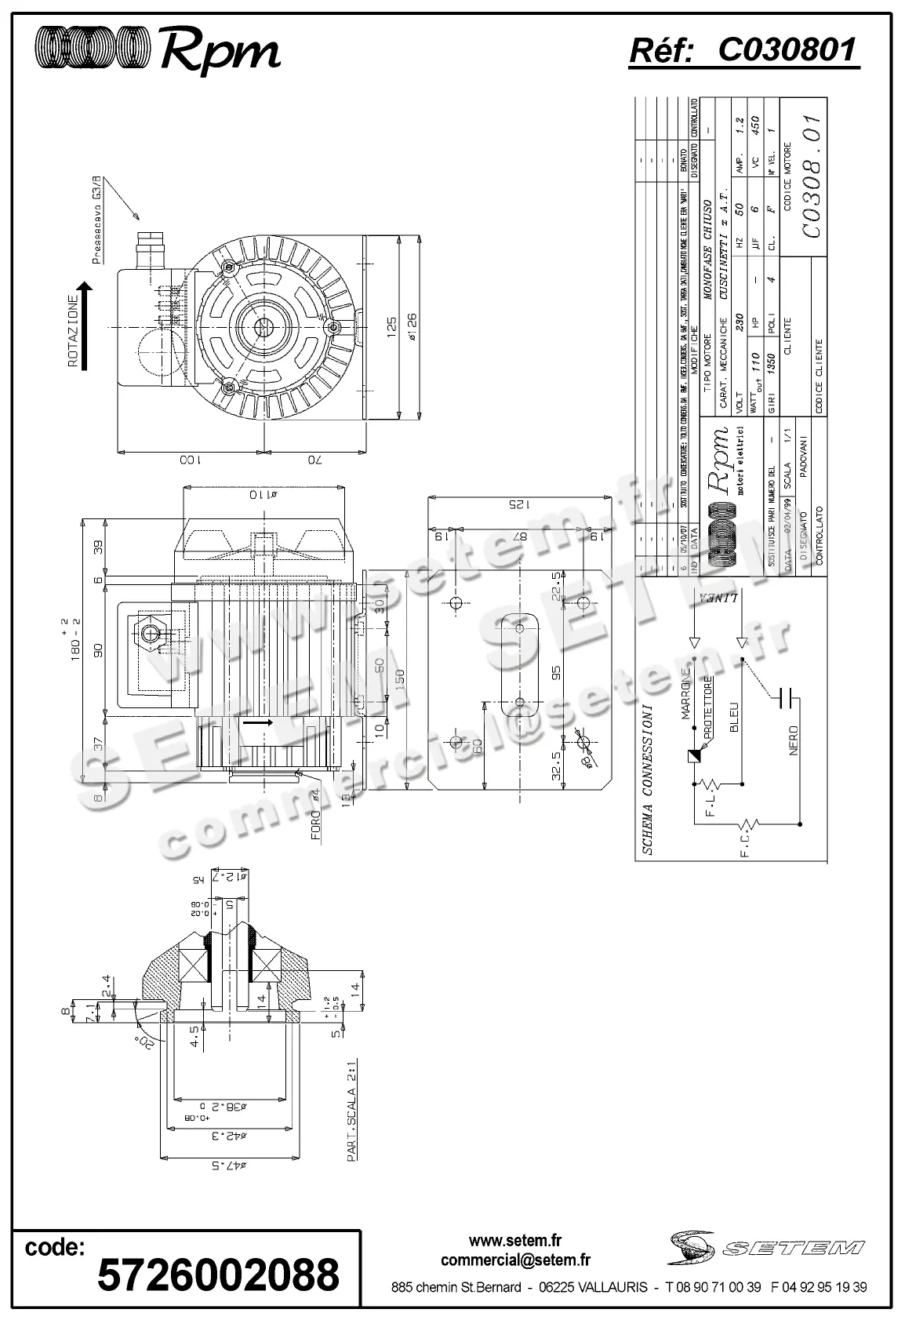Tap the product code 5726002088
point(217,1274)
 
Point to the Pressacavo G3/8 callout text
point(96,221)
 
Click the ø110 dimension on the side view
point(263,495)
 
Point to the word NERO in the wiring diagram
point(793,740)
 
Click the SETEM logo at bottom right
point(767,1246)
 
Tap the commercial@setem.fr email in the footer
point(515,1260)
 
